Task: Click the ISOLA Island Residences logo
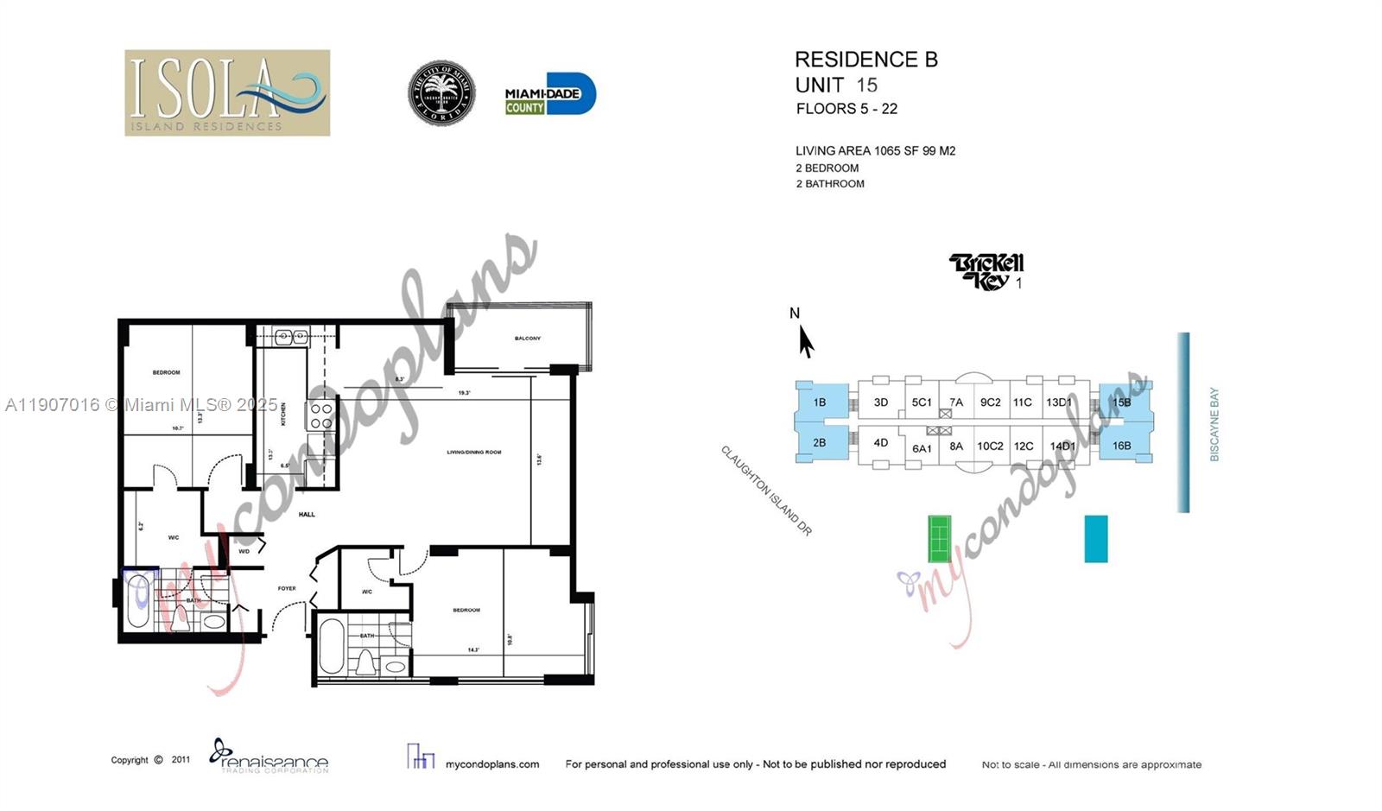[x=227, y=92]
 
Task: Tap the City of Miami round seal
[x=441, y=93]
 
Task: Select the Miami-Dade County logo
[x=550, y=94]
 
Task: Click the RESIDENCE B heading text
[x=865, y=60]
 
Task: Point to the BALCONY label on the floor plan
[x=528, y=339]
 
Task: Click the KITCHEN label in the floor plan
[x=282, y=414]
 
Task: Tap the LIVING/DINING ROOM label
[x=474, y=453]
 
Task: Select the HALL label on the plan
[x=307, y=515]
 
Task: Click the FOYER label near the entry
[x=287, y=589]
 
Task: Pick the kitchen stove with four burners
[x=321, y=415]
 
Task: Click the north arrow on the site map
[x=805, y=341]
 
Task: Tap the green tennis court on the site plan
[x=939, y=538]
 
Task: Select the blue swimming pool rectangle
[x=1096, y=539]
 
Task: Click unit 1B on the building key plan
[x=819, y=402]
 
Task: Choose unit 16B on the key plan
[x=1121, y=446]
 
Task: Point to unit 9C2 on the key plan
[x=990, y=402]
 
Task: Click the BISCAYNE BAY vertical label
[x=1214, y=424]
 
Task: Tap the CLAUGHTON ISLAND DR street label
[x=767, y=491]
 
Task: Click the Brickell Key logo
[x=986, y=271]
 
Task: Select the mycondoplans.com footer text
[x=492, y=764]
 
